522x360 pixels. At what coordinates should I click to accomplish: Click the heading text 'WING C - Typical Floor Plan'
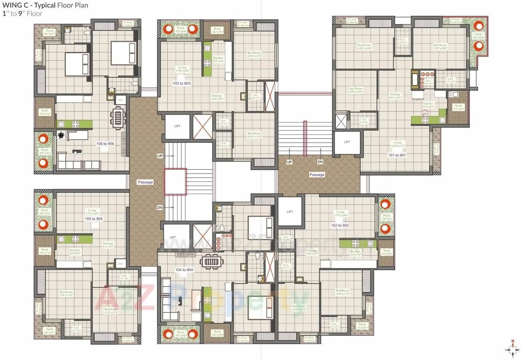tap(45, 6)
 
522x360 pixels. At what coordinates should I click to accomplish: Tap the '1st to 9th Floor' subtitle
tap(22, 13)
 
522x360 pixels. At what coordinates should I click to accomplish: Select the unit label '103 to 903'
tap(181, 83)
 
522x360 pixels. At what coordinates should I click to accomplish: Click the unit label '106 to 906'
tap(105, 143)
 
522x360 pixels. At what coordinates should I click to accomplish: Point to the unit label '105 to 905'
tap(93, 219)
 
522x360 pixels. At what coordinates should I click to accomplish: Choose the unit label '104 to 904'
tap(184, 269)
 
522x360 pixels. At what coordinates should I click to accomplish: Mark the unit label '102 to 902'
tap(340, 225)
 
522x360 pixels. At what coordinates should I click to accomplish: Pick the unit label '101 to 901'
tap(396, 155)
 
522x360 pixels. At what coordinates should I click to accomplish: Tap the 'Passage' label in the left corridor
tap(145, 182)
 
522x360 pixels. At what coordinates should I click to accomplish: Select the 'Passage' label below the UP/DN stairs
tap(317, 175)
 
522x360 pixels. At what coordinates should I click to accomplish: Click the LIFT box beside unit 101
tap(347, 142)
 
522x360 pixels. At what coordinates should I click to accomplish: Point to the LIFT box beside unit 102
tap(290, 212)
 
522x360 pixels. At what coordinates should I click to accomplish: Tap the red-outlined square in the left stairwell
tap(175, 182)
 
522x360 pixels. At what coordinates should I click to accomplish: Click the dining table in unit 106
tap(117, 116)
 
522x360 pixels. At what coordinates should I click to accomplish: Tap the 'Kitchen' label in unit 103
tap(218, 58)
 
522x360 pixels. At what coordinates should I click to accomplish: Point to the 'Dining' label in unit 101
tap(395, 95)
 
